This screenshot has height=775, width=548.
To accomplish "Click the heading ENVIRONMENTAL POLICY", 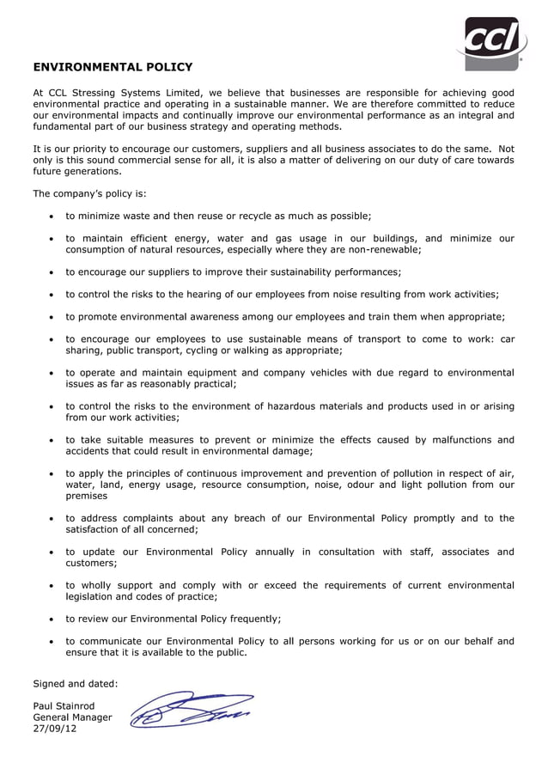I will [113, 67].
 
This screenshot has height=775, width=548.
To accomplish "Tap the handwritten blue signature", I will [191, 710].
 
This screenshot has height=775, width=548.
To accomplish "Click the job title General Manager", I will [72, 717].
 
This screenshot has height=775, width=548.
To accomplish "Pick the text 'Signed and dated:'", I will [75, 684].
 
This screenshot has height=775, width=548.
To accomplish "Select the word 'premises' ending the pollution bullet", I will [87, 496].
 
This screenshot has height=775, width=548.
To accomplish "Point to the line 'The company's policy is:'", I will [89, 193].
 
